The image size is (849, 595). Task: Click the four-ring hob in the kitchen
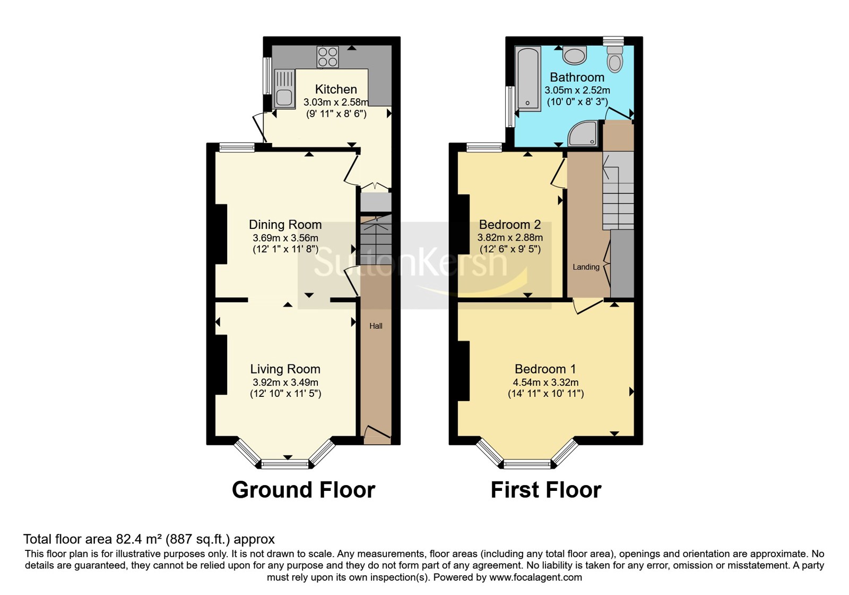click(x=328, y=57)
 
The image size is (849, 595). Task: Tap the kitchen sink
click(x=284, y=88)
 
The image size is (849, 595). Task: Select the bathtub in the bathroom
click(x=527, y=79)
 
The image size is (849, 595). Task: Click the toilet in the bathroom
click(x=615, y=58)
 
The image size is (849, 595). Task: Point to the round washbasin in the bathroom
click(x=575, y=55)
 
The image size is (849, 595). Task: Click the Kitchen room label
click(x=336, y=89)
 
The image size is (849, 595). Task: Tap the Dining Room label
click(x=285, y=225)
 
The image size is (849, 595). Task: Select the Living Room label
click(x=285, y=369)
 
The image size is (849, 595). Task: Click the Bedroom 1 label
click(x=545, y=369)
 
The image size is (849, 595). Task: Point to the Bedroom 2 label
click(x=510, y=225)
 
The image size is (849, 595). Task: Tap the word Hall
click(x=376, y=326)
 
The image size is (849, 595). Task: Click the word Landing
click(x=586, y=267)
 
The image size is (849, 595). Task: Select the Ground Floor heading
click(x=304, y=490)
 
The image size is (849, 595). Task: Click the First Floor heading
click(x=546, y=490)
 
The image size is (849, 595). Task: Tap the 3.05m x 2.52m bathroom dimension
click(x=577, y=90)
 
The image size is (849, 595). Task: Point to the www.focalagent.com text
click(x=535, y=577)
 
